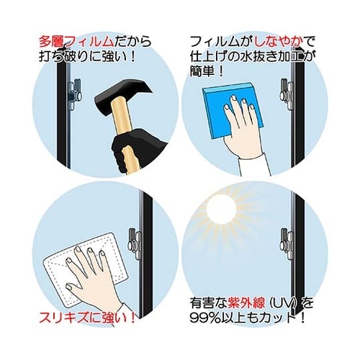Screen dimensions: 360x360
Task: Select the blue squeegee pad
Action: [x=233, y=110]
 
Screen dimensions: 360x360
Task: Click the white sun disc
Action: [x=221, y=208]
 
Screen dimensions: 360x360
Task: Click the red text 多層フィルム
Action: [x=76, y=42]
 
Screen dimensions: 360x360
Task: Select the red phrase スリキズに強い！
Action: [x=87, y=318]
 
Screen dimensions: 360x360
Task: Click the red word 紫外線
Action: [x=246, y=303]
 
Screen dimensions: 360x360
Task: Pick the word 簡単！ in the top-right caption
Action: [x=207, y=71]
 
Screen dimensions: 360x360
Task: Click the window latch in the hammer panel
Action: [x=75, y=94]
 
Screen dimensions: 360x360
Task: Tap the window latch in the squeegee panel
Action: [x=287, y=94]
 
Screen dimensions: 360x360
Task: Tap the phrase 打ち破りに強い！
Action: [x=88, y=57]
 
